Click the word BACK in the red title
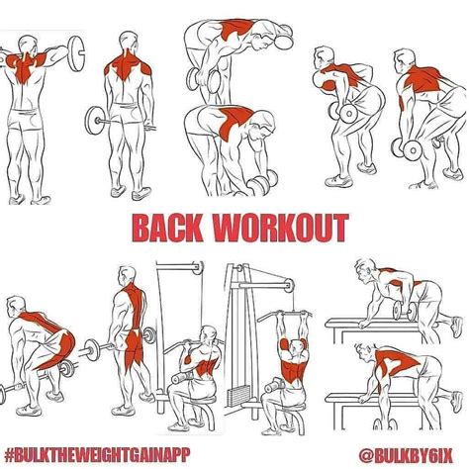coord(167,228)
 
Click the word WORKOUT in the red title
coord(280,228)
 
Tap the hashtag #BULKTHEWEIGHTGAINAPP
coord(98,455)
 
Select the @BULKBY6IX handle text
coord(406,456)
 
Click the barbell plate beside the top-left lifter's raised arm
coord(76,53)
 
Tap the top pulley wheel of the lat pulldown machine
coord(289,285)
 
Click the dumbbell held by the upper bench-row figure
coord(405,311)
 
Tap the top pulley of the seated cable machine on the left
coord(198,267)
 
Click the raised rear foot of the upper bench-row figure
coord(457,327)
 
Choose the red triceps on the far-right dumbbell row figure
coord(403,102)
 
